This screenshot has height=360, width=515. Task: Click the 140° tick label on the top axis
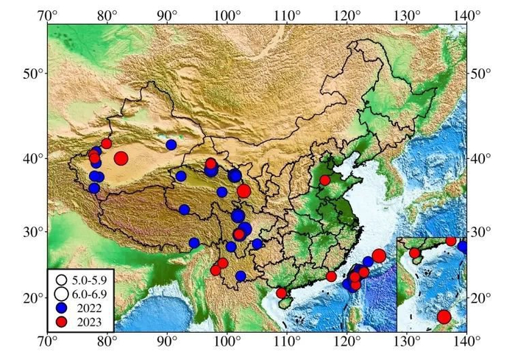click(x=466, y=13)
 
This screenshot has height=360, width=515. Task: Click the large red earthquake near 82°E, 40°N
click(x=121, y=158)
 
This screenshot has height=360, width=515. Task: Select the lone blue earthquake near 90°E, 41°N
click(x=171, y=144)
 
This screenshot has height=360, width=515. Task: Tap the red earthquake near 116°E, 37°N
click(x=325, y=180)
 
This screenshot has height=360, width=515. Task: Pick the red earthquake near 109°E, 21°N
click(x=281, y=293)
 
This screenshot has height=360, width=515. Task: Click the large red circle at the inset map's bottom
click(x=444, y=317)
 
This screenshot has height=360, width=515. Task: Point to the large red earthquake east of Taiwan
click(x=379, y=255)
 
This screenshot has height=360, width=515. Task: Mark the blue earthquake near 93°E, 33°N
click(x=184, y=209)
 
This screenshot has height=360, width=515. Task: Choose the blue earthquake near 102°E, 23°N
click(x=241, y=276)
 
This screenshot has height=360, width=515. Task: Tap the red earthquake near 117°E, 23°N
click(x=331, y=276)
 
